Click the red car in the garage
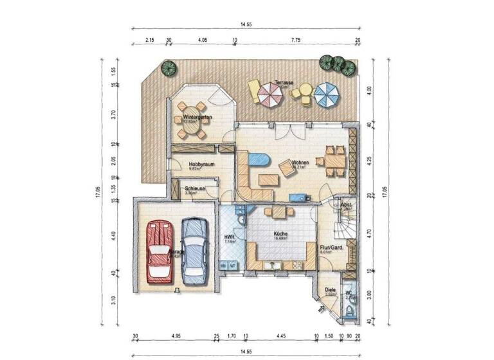tap(159, 251)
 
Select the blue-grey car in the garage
tap(194, 250)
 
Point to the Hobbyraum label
tap(201, 165)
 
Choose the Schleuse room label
tap(195, 188)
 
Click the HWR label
tap(229, 239)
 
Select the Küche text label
tap(280, 234)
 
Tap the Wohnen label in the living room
tap(300, 163)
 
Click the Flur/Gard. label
tap(331, 248)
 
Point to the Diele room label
tap(329, 291)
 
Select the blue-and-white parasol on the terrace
tap(327, 96)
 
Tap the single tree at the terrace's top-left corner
tap(169, 67)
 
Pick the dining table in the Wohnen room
tap(334, 159)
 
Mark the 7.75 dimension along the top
tap(295, 40)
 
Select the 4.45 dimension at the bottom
tap(279, 336)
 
